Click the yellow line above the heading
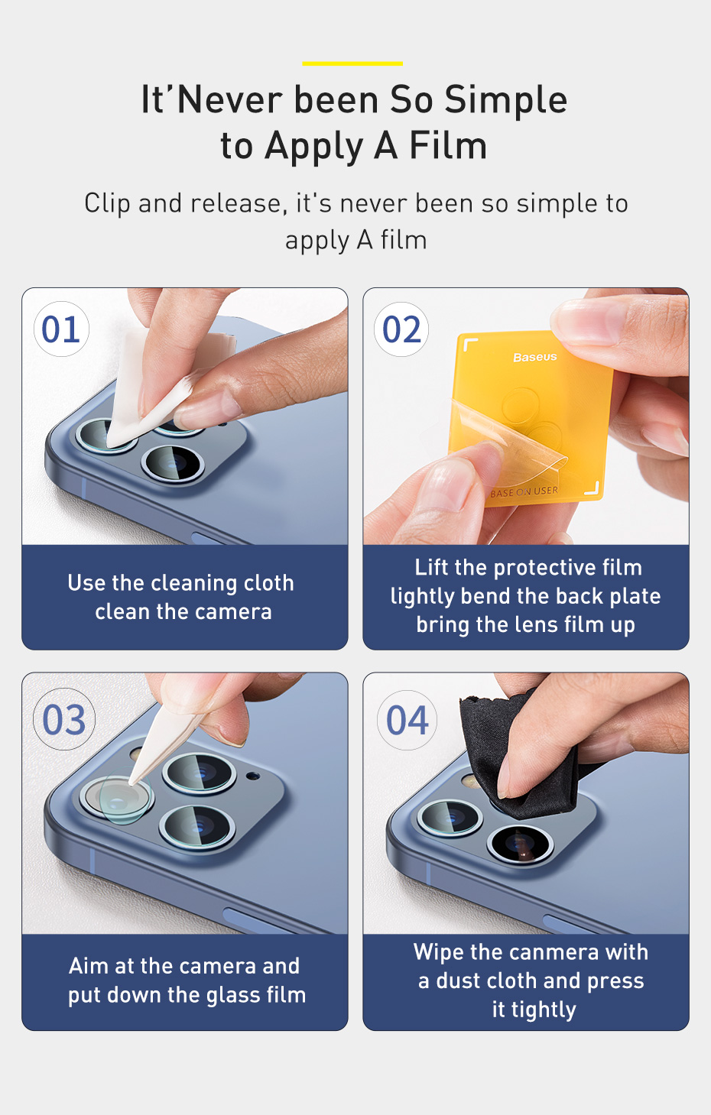[x=352, y=63]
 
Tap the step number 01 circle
[x=61, y=329]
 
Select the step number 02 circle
[x=401, y=329]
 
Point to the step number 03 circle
[x=63, y=719]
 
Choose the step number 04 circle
[x=407, y=720]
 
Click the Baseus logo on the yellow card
[x=534, y=357]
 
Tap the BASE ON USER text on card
[x=524, y=492]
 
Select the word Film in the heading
[x=447, y=146]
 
